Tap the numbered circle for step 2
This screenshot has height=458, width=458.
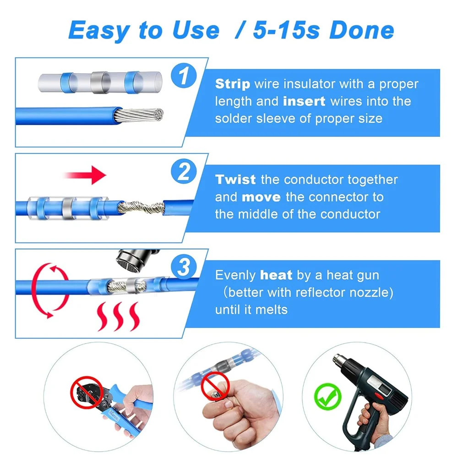pyautogui.click(x=184, y=172)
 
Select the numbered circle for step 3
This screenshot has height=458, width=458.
pyautogui.click(x=184, y=267)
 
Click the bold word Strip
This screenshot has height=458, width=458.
pyautogui.click(x=233, y=84)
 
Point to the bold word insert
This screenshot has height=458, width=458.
pyautogui.click(x=304, y=101)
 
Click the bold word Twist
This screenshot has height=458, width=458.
pyautogui.click(x=236, y=180)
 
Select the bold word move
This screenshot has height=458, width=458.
pyautogui.click(x=261, y=197)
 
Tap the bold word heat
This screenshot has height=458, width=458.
pyautogui.click(x=276, y=275)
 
